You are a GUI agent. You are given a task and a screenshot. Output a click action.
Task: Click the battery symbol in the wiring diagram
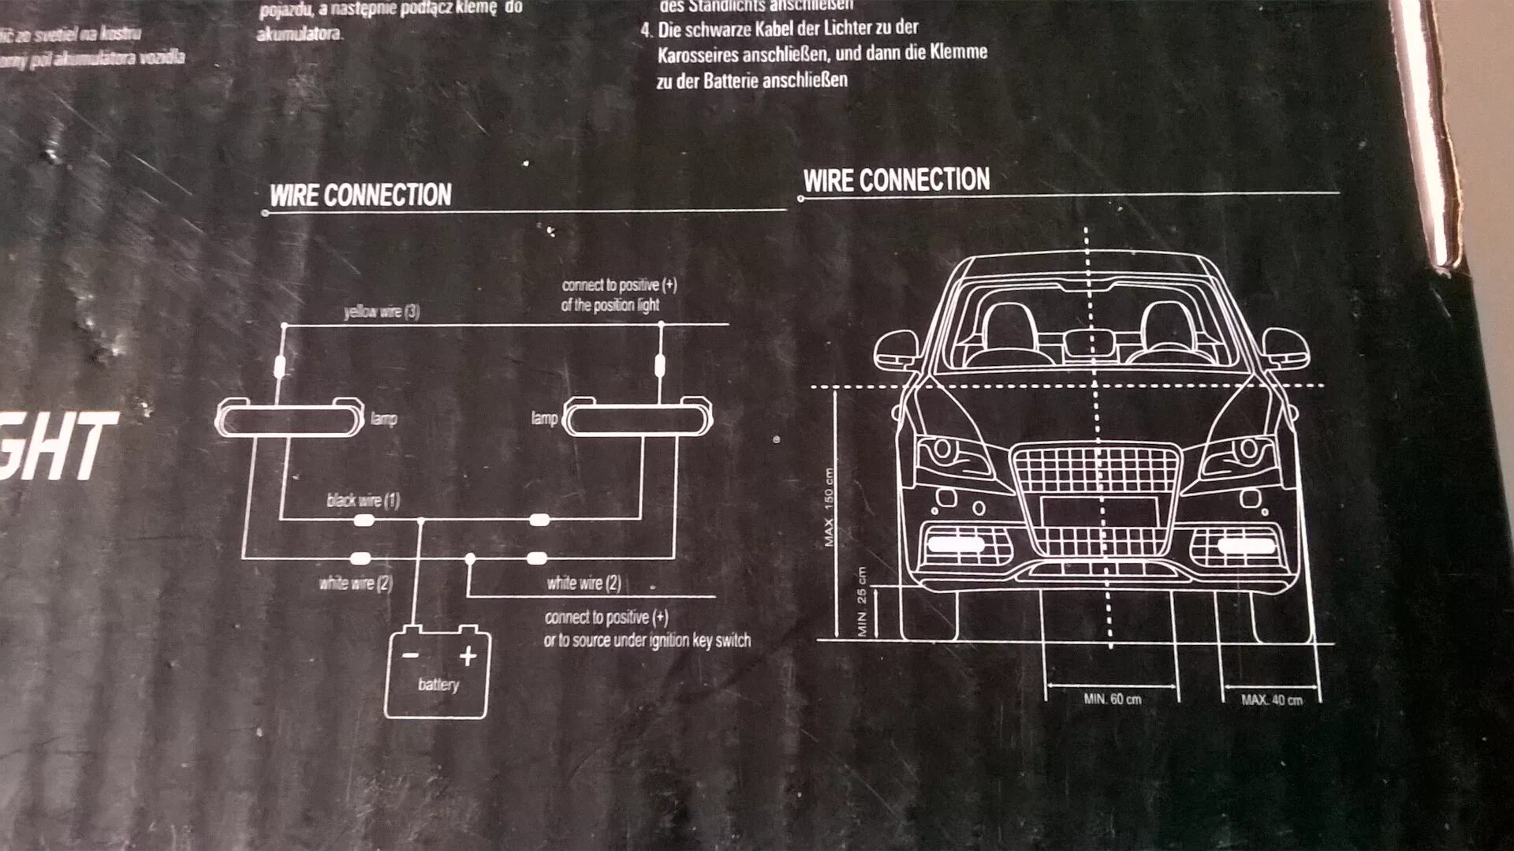(437, 672)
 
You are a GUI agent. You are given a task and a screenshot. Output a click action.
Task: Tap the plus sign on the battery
(468, 655)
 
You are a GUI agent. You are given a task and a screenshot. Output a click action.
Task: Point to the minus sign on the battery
(410, 655)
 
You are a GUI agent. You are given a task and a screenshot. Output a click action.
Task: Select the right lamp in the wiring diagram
(636, 419)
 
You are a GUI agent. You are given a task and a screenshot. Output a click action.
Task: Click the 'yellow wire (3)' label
(382, 312)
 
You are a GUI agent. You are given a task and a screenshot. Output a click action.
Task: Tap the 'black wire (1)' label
(364, 500)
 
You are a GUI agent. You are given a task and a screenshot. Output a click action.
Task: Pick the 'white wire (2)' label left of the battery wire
(356, 584)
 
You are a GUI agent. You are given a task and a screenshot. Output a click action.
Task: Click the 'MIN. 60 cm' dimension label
(1112, 699)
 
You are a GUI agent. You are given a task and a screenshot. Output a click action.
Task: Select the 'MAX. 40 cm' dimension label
(1271, 700)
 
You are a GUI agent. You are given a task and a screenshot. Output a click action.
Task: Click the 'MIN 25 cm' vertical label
(862, 602)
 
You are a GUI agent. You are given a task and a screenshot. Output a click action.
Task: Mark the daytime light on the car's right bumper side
(1246, 546)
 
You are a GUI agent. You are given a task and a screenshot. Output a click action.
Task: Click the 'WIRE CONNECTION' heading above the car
(897, 180)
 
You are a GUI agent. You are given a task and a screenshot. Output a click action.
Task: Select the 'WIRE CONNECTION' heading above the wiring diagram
(360, 196)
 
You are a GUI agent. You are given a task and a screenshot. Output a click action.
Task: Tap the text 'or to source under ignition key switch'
(647, 640)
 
